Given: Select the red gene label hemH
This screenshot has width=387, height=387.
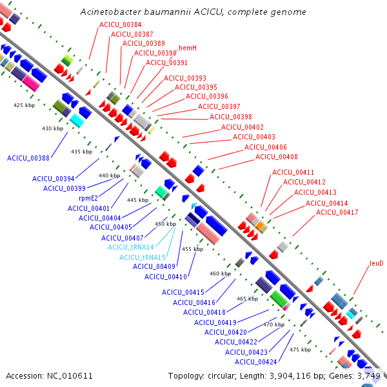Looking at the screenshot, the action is pyautogui.click(x=188, y=48).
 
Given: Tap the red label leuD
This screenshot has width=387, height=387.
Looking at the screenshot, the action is pyautogui.click(x=377, y=263).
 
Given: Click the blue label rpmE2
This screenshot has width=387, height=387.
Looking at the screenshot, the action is pyautogui.click(x=88, y=198).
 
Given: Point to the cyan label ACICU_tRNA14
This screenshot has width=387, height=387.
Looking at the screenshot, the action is pyautogui.click(x=130, y=247).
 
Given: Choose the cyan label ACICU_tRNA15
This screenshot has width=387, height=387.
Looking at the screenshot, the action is pyautogui.click(x=143, y=257).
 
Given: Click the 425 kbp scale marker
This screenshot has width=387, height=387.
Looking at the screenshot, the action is pyautogui.click(x=25, y=105).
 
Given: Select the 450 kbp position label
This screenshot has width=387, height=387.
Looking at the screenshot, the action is pyautogui.click(x=165, y=224).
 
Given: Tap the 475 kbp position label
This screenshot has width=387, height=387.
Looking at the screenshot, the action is pyautogui.click(x=300, y=350).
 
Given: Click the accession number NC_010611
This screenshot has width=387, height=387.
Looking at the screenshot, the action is pyautogui.click(x=70, y=375).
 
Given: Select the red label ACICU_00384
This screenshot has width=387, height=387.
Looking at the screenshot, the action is pyautogui.click(x=120, y=25).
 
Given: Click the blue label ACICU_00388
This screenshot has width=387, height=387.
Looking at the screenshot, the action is pyautogui.click(x=28, y=158).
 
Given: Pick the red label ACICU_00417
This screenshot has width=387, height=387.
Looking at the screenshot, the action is pyautogui.click(x=337, y=212).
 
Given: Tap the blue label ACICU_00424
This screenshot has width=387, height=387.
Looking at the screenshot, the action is pyautogui.click(x=255, y=362).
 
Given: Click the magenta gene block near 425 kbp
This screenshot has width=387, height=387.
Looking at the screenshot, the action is pyautogui.click(x=31, y=83).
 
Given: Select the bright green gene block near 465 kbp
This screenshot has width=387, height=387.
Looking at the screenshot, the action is pyautogui.click(x=279, y=299).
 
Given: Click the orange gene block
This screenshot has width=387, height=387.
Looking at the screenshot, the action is pyautogui.click(x=260, y=226).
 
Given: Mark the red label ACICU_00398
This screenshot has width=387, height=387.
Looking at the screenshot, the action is pyautogui.click(x=230, y=117).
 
